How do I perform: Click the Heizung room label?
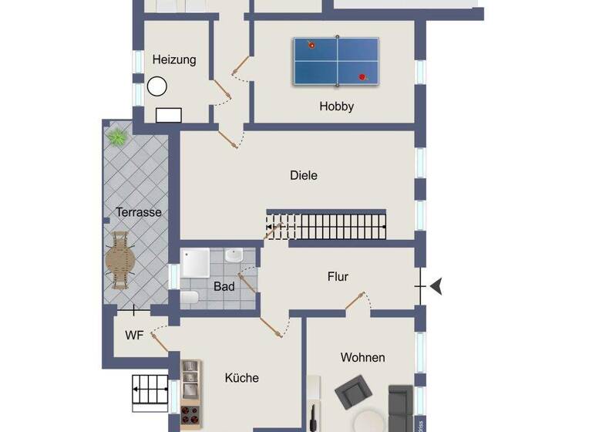174,59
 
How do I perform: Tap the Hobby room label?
337,106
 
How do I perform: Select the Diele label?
304,175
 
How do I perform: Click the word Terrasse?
139,212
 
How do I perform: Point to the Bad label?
224,286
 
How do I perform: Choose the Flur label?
338,276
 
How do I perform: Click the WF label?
134,336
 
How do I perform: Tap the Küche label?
241,378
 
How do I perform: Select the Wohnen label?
362,357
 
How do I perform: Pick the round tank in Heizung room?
157,86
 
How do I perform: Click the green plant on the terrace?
117,137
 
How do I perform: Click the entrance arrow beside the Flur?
436,287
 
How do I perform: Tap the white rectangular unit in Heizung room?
169,115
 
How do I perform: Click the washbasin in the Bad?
234,255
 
